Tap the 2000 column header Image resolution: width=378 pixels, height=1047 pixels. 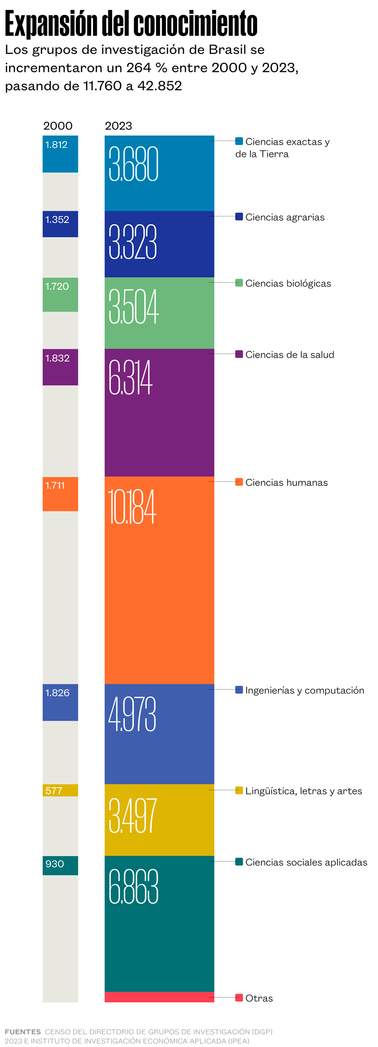pyautogui.click(x=58, y=126)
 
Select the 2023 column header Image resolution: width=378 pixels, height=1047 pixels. pyautogui.click(x=118, y=126)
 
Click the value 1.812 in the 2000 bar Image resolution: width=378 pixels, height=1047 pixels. pyautogui.click(x=56, y=145)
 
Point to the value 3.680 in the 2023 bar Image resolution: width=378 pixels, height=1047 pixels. pyautogui.click(x=133, y=164)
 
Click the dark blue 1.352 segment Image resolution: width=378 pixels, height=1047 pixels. pyautogui.click(x=60, y=224)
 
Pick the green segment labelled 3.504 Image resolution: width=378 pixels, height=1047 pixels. pyautogui.click(x=159, y=313)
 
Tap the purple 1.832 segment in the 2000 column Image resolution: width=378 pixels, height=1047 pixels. pyautogui.click(x=60, y=367)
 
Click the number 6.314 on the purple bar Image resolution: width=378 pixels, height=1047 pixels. pyautogui.click(x=130, y=377)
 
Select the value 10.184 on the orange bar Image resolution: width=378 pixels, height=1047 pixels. pyautogui.click(x=132, y=507)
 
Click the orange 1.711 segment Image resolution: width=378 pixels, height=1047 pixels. pyautogui.click(x=60, y=494)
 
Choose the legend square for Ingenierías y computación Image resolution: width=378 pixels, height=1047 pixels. pyautogui.click(x=239, y=689)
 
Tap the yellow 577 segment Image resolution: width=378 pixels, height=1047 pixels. pyautogui.click(x=60, y=790)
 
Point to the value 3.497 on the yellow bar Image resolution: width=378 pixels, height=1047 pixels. pyautogui.click(x=132, y=816)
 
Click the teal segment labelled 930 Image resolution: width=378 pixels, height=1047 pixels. pyautogui.click(x=60, y=865)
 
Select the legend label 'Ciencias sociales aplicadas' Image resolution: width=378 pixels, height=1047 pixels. pyautogui.click(x=306, y=862)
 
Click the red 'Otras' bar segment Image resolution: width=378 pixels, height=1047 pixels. pyautogui.click(x=159, y=997)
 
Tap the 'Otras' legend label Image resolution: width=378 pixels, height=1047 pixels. pyautogui.click(x=259, y=998)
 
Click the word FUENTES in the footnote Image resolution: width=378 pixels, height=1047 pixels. pyautogui.click(x=23, y=1031)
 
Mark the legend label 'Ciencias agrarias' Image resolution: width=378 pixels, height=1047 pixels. pyautogui.click(x=284, y=217)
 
